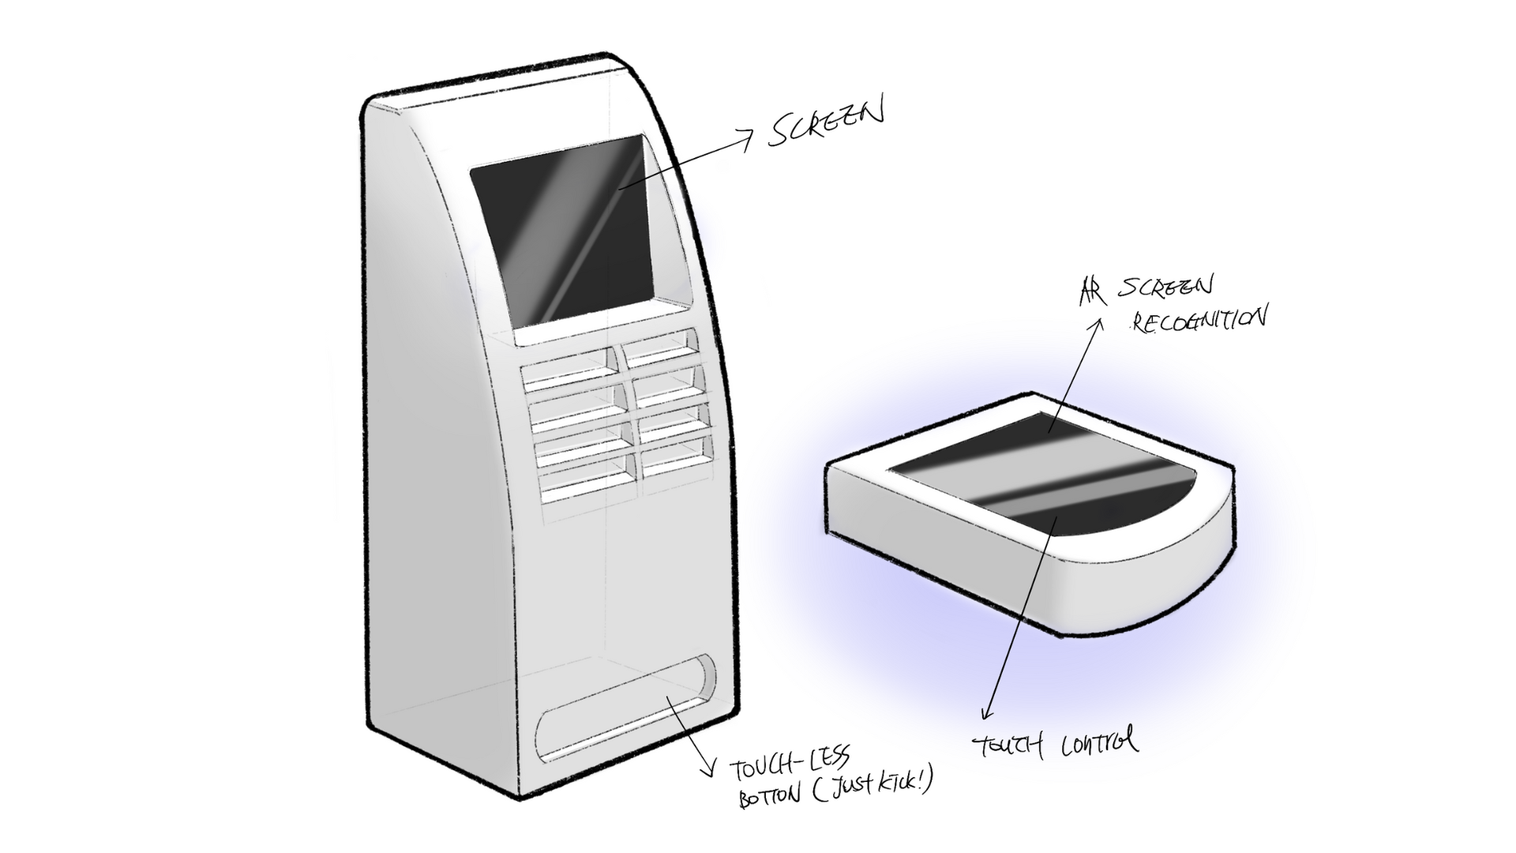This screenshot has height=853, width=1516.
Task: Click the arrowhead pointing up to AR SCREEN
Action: (x=1096, y=324)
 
